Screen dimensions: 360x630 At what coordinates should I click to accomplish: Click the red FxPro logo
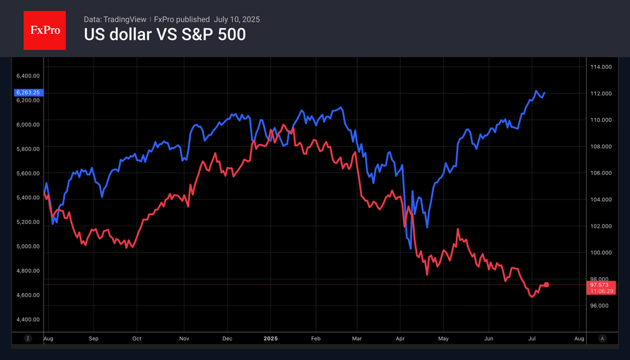click(x=44, y=31)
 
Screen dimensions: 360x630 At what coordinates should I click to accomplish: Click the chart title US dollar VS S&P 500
click(x=164, y=35)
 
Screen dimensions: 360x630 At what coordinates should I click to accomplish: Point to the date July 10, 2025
click(x=237, y=19)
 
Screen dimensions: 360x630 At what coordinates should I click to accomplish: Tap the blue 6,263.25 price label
click(x=28, y=92)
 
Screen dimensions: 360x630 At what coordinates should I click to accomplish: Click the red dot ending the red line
click(x=546, y=285)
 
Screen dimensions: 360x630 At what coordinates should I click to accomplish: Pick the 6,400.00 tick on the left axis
click(x=28, y=75)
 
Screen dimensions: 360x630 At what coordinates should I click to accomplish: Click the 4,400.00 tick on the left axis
click(x=28, y=319)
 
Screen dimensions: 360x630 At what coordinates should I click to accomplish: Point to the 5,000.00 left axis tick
click(x=28, y=246)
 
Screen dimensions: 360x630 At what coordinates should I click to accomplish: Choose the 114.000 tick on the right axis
click(x=601, y=67)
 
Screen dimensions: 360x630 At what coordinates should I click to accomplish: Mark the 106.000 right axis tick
click(x=601, y=173)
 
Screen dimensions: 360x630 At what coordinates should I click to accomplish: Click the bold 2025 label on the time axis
click(x=270, y=339)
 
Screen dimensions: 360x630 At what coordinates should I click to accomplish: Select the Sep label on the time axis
click(x=94, y=339)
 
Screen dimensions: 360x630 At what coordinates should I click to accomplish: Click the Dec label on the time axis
click(x=227, y=339)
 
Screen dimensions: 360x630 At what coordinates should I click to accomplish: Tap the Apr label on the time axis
click(x=400, y=339)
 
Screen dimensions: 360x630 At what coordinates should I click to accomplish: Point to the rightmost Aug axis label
click(x=579, y=339)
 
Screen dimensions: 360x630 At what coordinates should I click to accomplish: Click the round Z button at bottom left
click(x=28, y=339)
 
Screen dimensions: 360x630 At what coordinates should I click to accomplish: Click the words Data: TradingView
click(x=115, y=19)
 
